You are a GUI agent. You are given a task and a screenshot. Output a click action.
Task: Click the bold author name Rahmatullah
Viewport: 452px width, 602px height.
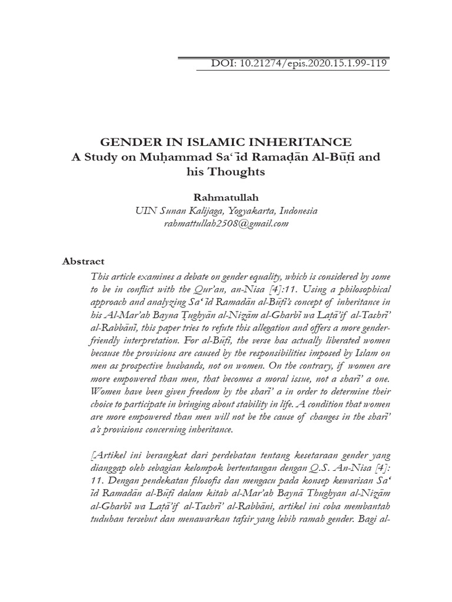pos(226,198)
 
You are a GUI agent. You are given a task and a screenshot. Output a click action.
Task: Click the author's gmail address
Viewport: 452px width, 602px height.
pos(226,224)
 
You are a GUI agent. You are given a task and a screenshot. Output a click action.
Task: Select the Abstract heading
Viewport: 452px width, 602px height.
pos(83,261)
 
